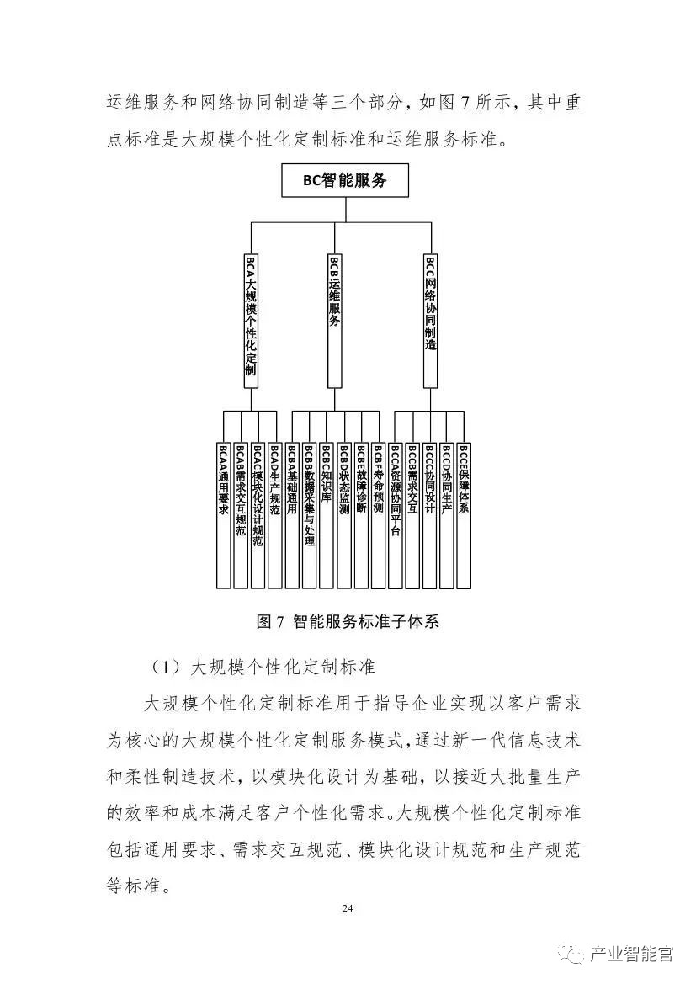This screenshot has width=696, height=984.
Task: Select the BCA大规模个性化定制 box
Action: click(x=250, y=320)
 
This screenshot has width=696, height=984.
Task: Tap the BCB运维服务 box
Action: click(x=334, y=320)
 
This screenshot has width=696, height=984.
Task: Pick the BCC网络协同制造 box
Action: click(x=430, y=320)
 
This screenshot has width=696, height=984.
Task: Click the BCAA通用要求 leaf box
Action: click(x=223, y=513)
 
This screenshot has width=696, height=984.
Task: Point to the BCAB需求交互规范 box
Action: click(x=241, y=513)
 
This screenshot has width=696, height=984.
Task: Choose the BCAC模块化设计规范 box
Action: click(x=258, y=513)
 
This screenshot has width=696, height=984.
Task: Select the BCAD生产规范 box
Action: click(x=275, y=513)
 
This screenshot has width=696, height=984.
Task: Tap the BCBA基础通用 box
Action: click(x=292, y=513)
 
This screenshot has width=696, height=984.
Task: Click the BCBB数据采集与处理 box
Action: click(x=309, y=513)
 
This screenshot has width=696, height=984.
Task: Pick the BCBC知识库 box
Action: click(x=327, y=513)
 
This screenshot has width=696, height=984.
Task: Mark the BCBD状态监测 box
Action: click(x=343, y=513)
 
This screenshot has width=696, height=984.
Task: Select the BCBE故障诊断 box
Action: click(x=361, y=513)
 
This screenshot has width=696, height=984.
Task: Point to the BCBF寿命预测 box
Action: click(x=378, y=513)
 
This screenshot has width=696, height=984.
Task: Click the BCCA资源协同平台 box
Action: click(x=396, y=513)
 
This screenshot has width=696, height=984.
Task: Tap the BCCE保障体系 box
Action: click(x=464, y=513)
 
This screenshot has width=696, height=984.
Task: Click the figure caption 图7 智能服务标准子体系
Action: click(x=348, y=622)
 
